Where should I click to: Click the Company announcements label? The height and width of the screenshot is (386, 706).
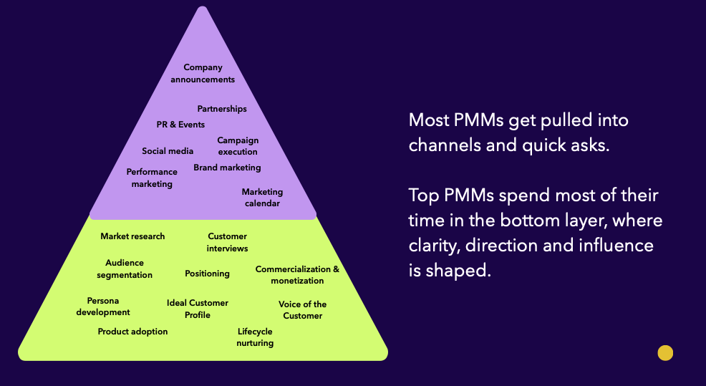[x=203, y=74]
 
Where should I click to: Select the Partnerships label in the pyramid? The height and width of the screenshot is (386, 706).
[x=222, y=109]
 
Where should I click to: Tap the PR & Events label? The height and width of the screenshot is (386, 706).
[x=180, y=125]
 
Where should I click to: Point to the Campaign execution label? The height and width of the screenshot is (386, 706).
[x=238, y=146]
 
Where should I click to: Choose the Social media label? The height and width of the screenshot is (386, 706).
[x=168, y=151]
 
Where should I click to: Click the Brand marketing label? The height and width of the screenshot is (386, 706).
[x=227, y=168]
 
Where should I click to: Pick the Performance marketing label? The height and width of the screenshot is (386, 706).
[x=152, y=178]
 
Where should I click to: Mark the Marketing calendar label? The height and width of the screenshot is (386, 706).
[x=262, y=198]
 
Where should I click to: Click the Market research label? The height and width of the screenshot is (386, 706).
[x=132, y=236]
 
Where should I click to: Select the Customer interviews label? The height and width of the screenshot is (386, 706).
[x=227, y=242]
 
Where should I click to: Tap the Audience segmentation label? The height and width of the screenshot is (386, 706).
[x=125, y=269]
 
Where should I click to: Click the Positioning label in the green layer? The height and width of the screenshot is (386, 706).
[x=207, y=274]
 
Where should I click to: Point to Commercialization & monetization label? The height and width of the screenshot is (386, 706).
[x=297, y=275]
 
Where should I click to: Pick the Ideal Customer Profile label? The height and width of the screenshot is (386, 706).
[x=198, y=309]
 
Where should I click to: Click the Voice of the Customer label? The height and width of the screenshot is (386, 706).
[x=302, y=310]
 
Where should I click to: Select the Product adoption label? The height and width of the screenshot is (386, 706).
[x=132, y=332]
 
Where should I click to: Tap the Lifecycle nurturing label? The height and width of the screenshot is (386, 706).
[x=255, y=337]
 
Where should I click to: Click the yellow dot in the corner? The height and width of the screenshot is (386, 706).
[x=665, y=352]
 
